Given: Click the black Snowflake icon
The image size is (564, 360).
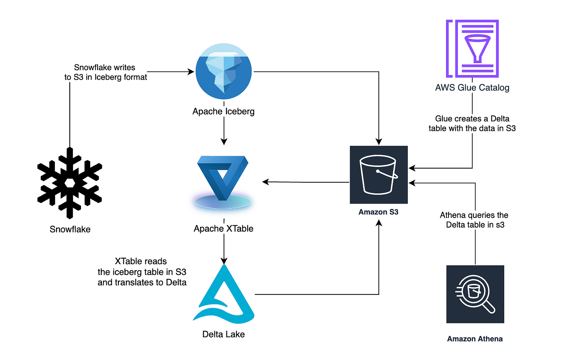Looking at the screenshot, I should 70,183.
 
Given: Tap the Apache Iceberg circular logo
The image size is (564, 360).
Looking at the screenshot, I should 224,71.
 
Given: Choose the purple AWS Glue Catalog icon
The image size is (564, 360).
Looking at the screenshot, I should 472,49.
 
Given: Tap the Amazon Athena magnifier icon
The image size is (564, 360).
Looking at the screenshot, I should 475,294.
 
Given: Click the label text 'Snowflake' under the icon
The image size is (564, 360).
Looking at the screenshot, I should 70,229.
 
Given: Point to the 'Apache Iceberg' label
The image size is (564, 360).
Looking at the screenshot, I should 223,111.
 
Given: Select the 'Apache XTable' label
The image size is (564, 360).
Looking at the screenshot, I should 223,229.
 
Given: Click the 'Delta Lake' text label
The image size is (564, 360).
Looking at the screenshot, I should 223,334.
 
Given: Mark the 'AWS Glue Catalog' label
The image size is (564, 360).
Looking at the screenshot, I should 472,88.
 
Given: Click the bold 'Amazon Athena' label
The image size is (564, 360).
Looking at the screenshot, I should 475,339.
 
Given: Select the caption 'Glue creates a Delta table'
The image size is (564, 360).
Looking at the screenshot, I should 472,124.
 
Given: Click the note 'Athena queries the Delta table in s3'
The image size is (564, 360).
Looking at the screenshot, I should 474,220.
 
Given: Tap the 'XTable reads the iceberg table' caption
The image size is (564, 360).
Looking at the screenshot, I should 141,272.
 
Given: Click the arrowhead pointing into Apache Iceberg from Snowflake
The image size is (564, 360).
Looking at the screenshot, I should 191,72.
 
